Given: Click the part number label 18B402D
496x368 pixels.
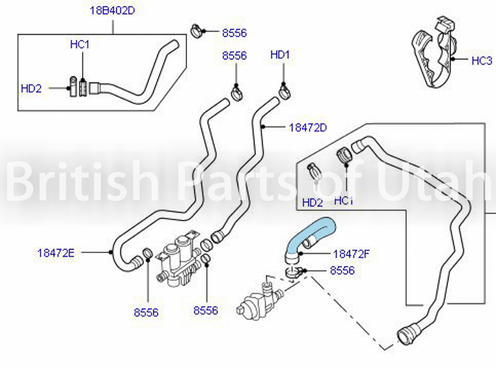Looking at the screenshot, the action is [112, 11].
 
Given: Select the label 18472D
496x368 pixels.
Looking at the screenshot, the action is [308, 128].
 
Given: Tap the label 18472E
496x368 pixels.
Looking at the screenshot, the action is [56, 253].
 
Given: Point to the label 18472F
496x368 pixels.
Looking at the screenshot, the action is [351, 254].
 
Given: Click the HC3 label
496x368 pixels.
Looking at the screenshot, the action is [482, 60].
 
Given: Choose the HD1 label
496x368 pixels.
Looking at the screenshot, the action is [280, 55].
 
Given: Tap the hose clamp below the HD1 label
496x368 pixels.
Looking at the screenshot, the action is [285, 91].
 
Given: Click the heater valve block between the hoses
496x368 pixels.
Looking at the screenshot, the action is [179, 259].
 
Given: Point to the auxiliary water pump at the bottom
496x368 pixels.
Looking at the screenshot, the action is [259, 300].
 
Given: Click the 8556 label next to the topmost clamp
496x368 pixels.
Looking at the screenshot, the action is [235, 33].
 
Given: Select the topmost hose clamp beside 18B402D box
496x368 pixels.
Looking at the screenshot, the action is [197, 31].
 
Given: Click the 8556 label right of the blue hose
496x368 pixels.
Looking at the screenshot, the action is [342, 271].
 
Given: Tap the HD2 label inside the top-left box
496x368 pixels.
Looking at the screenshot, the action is [31, 89].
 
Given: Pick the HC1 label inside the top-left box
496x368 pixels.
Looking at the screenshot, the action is [79, 44].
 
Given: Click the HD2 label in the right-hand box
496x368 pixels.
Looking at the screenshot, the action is [312, 203].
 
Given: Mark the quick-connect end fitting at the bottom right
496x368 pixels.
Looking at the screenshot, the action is [406, 334].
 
